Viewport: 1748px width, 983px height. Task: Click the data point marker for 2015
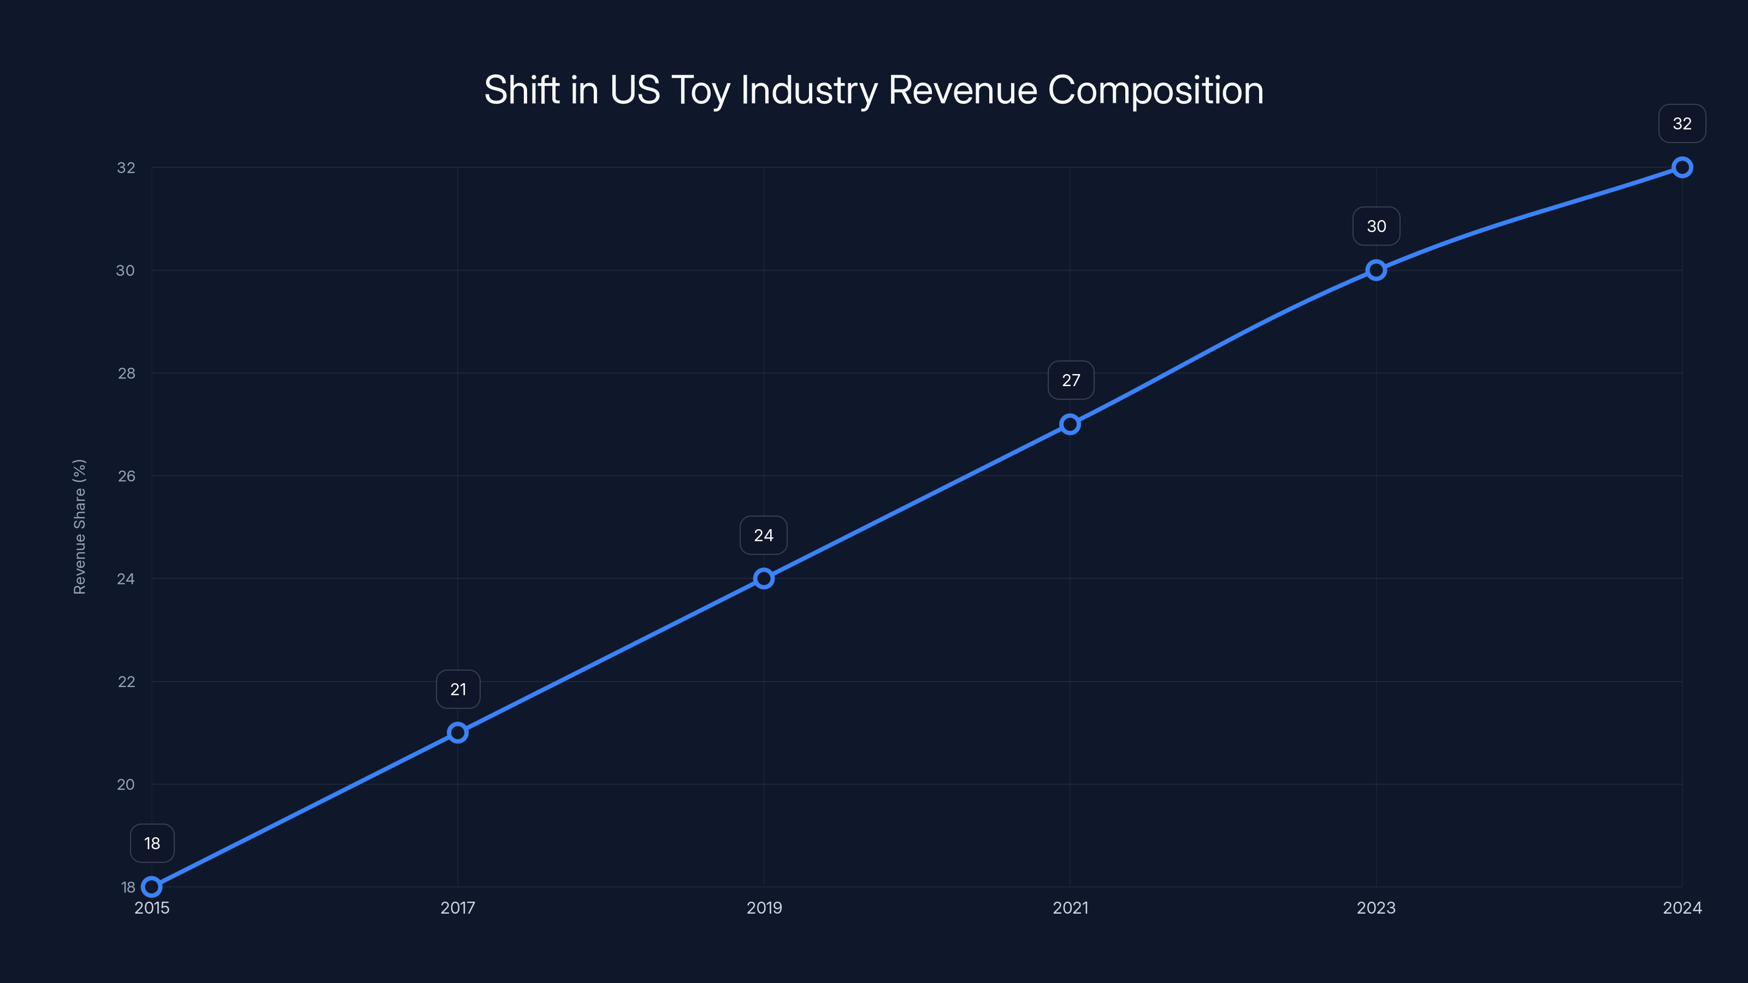tap(152, 887)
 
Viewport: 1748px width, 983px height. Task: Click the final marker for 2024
tap(1682, 168)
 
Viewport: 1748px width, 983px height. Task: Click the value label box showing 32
tap(1682, 123)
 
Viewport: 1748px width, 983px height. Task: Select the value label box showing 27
tap(1071, 381)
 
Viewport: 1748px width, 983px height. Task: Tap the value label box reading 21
tap(458, 689)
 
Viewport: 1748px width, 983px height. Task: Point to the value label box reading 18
tap(152, 843)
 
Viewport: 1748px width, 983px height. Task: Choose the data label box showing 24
tap(764, 535)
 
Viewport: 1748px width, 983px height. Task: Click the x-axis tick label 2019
tap(764, 908)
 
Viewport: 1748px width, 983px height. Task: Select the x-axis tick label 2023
tap(1376, 908)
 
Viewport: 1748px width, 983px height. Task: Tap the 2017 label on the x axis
tap(458, 908)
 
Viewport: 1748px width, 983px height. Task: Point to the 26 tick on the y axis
tap(126, 476)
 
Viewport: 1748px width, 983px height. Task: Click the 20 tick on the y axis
tap(126, 784)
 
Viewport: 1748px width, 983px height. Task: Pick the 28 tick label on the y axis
tap(126, 373)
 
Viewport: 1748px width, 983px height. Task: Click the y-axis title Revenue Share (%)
tap(79, 526)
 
